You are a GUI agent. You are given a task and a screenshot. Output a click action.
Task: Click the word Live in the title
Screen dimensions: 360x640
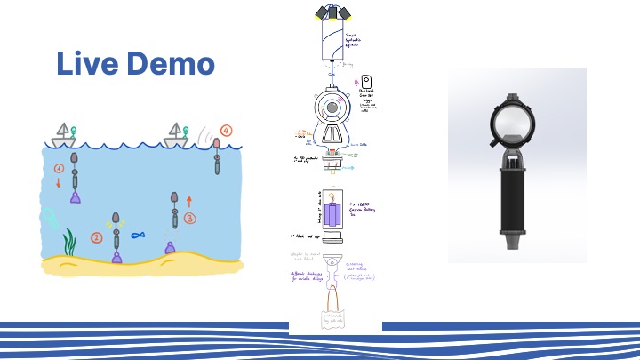[86, 64]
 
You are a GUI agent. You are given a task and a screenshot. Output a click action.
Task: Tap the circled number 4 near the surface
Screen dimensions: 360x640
[226, 131]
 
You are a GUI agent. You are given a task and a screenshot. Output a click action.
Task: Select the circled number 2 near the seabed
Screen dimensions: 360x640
[97, 237]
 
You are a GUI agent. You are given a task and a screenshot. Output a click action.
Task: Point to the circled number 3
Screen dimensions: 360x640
[189, 217]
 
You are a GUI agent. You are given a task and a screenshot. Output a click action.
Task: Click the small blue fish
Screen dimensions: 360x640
[138, 236]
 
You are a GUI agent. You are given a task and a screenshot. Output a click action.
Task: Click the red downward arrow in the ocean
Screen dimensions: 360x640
[59, 183]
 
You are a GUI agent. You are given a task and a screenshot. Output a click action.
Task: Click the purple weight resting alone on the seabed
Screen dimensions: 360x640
[170, 248]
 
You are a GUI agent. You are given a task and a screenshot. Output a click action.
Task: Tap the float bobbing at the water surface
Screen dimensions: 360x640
[216, 158]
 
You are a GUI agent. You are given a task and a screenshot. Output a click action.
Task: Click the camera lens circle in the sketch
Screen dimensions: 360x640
[332, 108]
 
